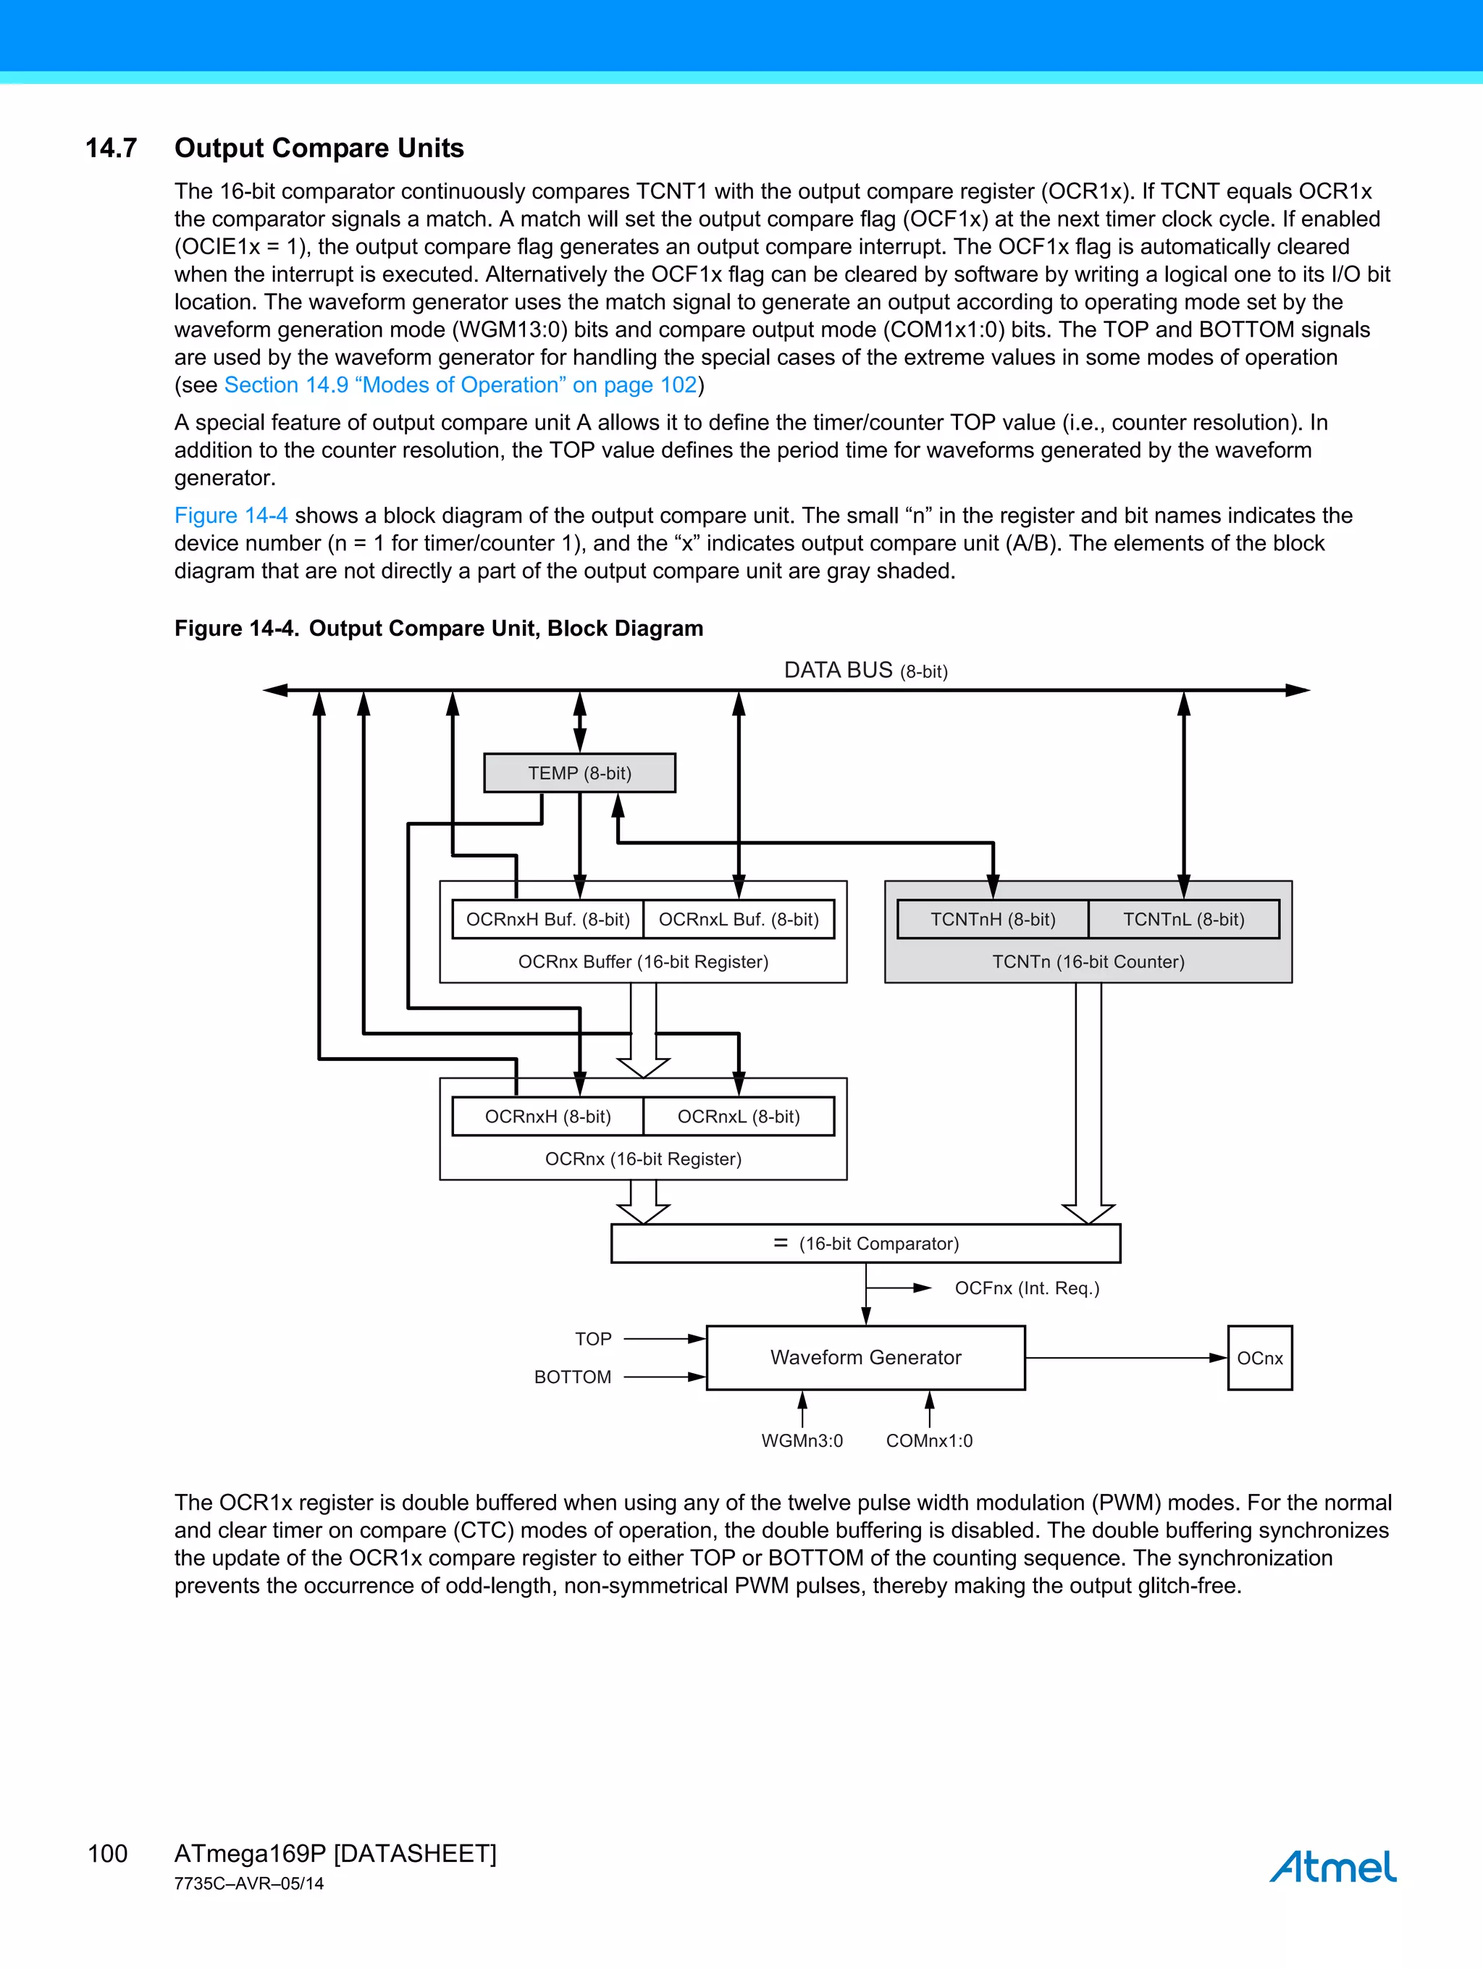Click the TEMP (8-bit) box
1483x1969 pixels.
point(579,773)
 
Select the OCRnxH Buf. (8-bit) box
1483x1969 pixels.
point(547,920)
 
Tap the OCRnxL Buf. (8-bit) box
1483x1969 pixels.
point(739,920)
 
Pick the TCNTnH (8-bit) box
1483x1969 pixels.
point(993,920)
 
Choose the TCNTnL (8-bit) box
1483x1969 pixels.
point(1183,920)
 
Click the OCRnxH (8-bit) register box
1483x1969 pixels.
point(547,1116)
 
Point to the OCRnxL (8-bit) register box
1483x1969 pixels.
point(739,1116)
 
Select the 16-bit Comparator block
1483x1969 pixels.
point(865,1243)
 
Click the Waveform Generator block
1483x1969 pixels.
point(865,1358)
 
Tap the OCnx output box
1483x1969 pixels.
point(1259,1359)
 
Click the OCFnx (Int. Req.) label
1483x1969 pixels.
point(1026,1288)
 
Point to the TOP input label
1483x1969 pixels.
point(593,1339)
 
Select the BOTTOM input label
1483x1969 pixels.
point(572,1377)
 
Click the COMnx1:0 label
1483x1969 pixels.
point(929,1441)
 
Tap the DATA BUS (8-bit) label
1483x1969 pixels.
point(865,671)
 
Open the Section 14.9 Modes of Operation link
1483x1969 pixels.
point(461,385)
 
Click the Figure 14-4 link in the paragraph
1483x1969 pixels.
point(230,516)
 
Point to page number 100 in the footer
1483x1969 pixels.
point(108,1853)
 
